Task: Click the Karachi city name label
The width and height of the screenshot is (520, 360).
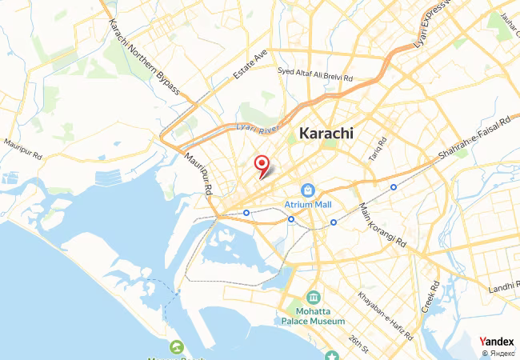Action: coord(326,134)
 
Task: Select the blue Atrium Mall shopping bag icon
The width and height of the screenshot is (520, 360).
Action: coord(307,190)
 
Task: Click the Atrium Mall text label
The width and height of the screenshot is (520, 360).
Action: coord(307,205)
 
